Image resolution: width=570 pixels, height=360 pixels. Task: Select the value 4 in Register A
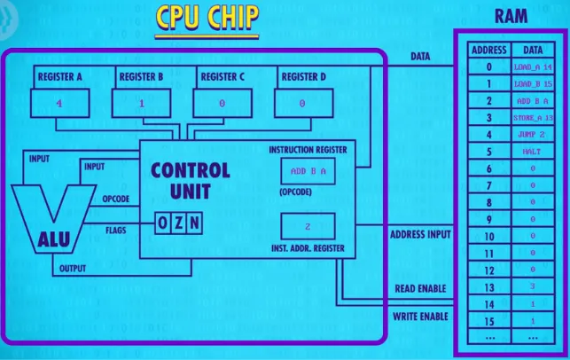click(x=59, y=103)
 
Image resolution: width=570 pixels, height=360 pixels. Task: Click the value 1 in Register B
click(x=140, y=103)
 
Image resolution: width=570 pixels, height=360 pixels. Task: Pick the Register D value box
click(x=303, y=103)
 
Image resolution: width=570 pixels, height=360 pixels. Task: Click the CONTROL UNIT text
click(x=190, y=179)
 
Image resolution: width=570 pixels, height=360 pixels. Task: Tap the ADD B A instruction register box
click(x=307, y=171)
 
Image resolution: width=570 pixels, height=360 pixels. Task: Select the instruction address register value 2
click(x=307, y=225)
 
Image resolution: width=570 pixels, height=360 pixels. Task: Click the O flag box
click(x=163, y=224)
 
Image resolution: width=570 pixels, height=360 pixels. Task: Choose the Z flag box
click(x=178, y=224)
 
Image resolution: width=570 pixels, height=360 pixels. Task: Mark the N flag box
click(x=193, y=224)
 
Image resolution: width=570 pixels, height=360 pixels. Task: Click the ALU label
click(x=52, y=237)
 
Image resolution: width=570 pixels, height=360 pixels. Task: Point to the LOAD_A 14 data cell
click(x=533, y=67)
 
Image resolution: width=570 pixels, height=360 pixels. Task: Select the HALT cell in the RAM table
click(x=533, y=152)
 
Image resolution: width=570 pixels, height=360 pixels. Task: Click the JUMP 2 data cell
click(x=533, y=135)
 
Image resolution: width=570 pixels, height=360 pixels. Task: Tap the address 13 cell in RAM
click(x=488, y=286)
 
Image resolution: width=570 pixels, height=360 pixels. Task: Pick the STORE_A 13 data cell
click(x=533, y=118)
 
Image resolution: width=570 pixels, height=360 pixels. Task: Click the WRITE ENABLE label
click(x=421, y=316)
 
